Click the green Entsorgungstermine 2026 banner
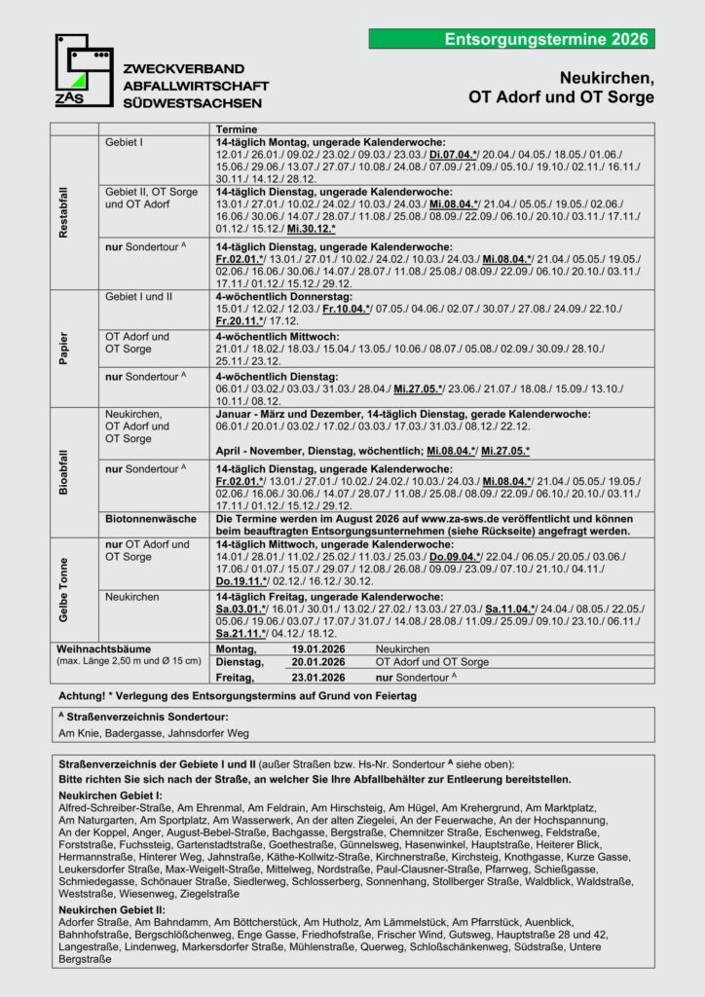[511, 39]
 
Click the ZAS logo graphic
[83, 71]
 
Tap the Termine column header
[231, 129]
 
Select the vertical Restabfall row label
[64, 209]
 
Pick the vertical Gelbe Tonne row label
[64, 589]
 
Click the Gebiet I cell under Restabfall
[124, 142]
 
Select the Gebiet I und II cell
[143, 294]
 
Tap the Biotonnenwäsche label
[152, 518]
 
